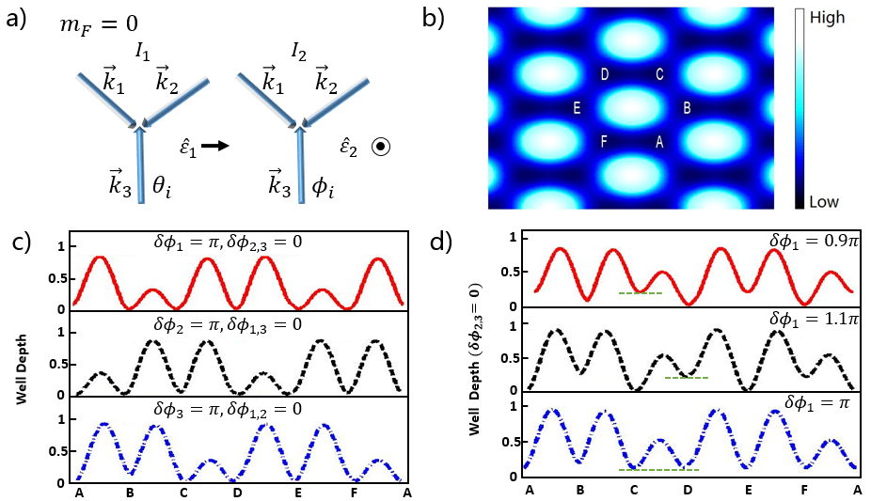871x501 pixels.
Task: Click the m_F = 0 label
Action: point(99,25)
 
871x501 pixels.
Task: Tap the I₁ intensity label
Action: point(143,53)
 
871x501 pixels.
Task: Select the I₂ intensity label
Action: point(299,53)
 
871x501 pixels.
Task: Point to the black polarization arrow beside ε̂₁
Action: point(215,147)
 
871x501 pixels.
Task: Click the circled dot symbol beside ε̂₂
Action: point(381,147)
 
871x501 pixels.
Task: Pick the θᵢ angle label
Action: point(162,187)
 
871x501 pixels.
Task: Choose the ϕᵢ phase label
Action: point(323,188)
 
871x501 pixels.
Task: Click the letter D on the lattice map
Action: point(605,74)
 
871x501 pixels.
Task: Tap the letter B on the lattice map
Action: point(687,108)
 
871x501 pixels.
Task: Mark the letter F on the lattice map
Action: point(604,142)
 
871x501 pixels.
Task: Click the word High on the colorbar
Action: point(827,18)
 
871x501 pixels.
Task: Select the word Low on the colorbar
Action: point(824,201)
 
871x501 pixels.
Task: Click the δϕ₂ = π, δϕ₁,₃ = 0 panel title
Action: point(228,323)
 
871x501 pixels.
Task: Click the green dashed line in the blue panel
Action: point(658,470)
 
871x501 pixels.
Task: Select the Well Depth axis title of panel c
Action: point(22,369)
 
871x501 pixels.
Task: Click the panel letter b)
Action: point(434,18)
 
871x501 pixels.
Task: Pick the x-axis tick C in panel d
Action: point(634,490)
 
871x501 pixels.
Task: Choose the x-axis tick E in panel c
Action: point(298,493)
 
